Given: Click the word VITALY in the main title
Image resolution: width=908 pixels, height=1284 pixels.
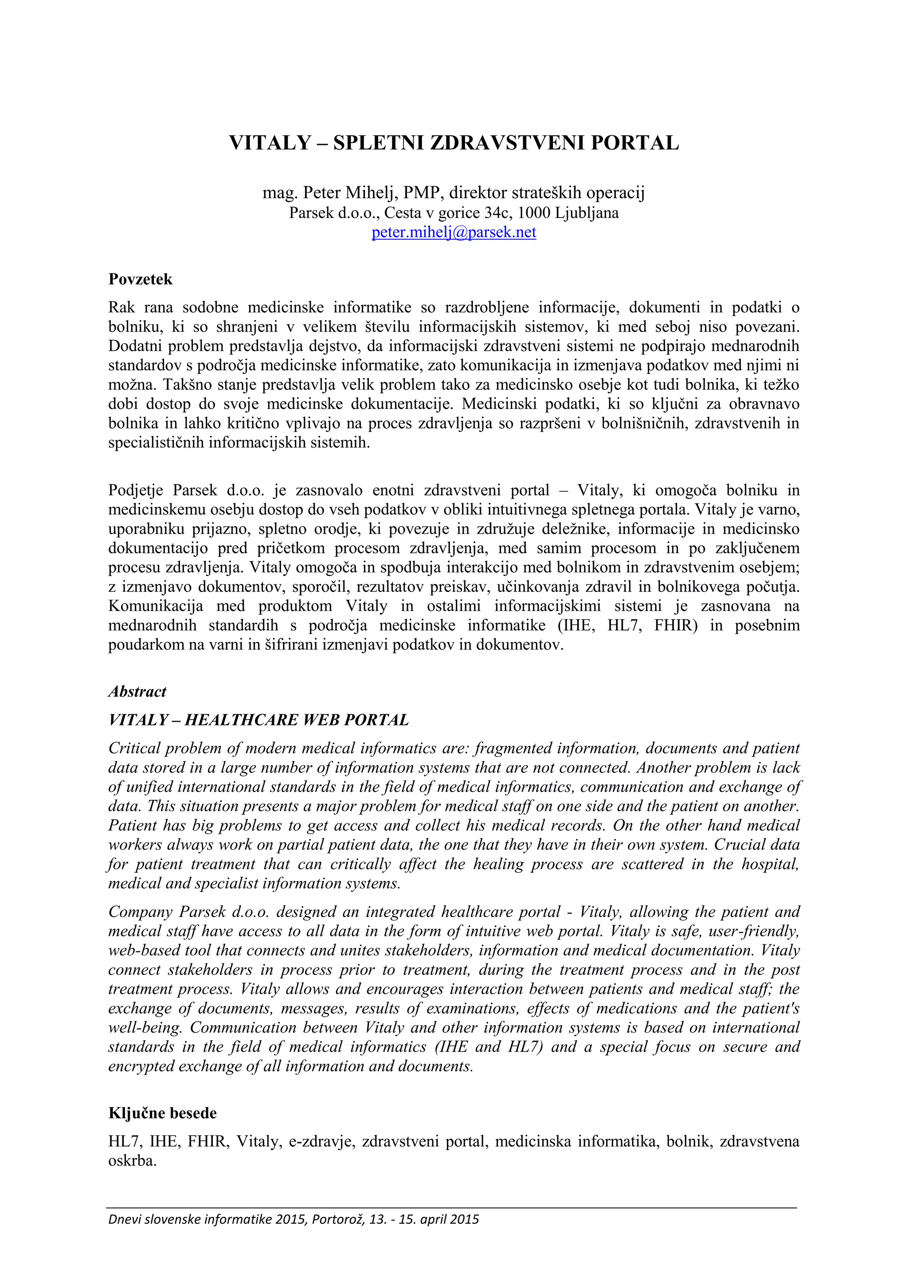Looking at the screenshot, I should pyautogui.click(x=270, y=143).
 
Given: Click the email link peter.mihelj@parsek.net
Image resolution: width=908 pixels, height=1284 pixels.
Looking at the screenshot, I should pyautogui.click(x=454, y=232).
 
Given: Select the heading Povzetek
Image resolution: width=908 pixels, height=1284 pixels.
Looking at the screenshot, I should pyautogui.click(x=141, y=279).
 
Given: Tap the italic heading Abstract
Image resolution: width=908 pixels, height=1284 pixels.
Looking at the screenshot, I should pyautogui.click(x=137, y=691).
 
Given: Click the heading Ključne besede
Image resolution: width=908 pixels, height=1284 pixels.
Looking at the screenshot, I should pyautogui.click(x=162, y=1113).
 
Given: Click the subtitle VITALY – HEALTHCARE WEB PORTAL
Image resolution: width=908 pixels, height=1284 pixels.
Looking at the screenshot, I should pyautogui.click(x=258, y=720).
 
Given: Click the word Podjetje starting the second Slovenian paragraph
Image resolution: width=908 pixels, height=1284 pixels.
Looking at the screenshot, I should pyautogui.click(x=136, y=490).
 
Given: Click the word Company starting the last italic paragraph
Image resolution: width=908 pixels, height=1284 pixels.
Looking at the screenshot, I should pyautogui.click(x=139, y=912).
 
